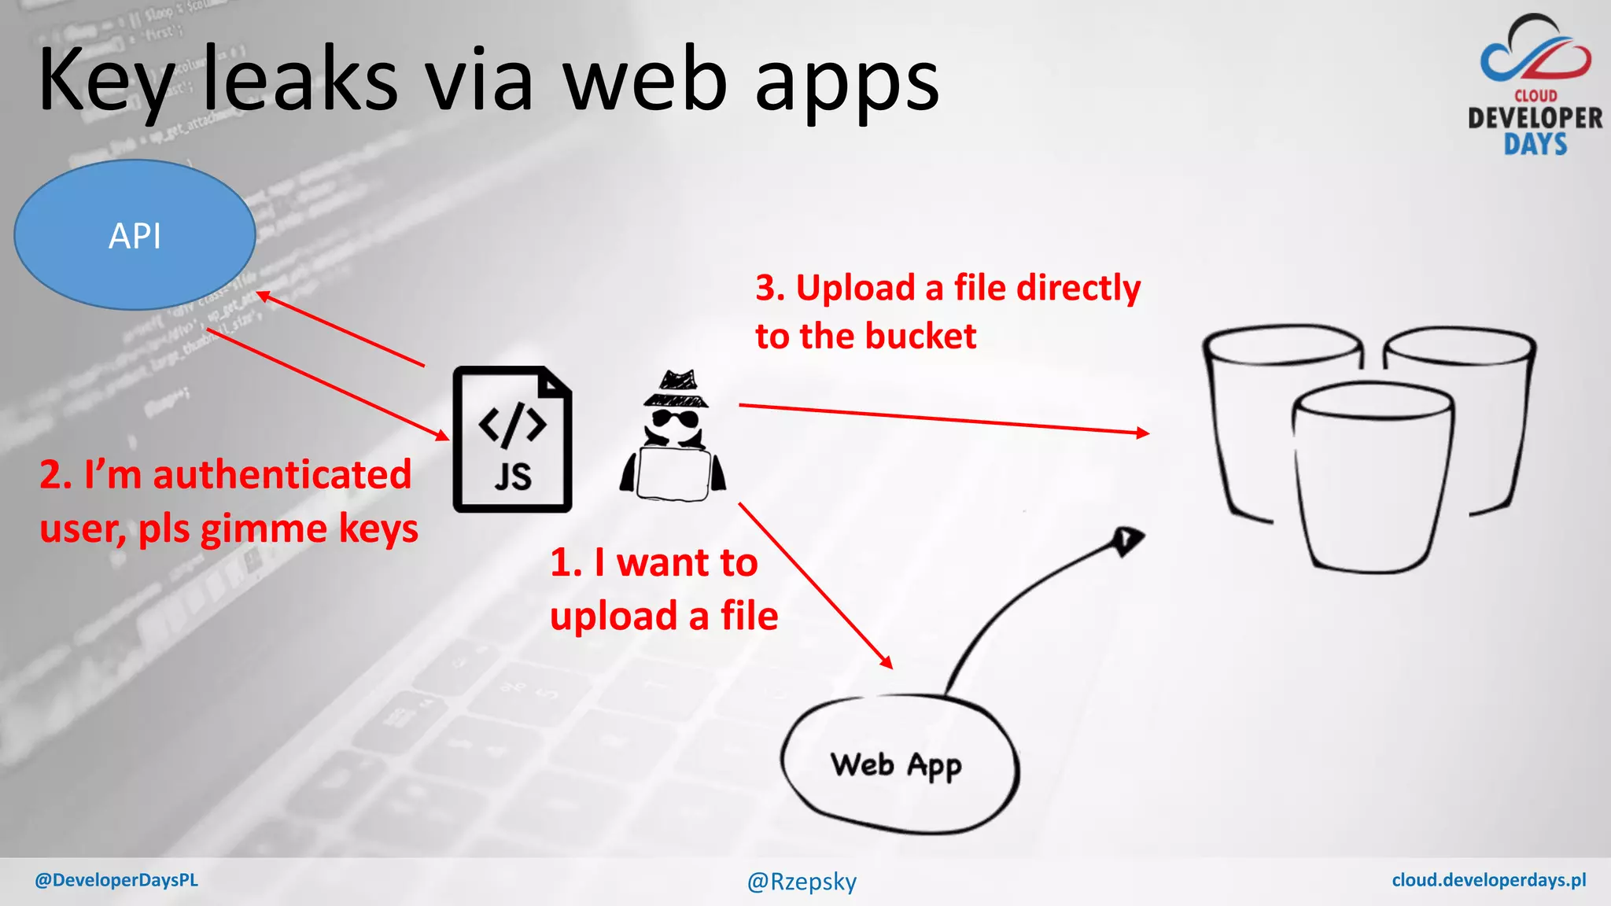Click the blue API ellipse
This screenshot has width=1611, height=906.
coord(135,234)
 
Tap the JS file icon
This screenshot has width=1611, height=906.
coord(512,440)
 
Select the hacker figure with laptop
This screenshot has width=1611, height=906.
coord(673,440)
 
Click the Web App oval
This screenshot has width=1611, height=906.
coord(899,764)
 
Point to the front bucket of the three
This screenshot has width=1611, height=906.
coord(1373,476)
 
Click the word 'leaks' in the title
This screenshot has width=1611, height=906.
coord(300,79)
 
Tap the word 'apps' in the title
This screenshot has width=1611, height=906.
coord(847,83)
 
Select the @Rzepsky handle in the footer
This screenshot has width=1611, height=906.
coord(802,882)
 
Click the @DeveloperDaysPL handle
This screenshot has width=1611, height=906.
coord(116,880)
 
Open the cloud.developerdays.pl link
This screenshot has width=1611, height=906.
coord(1488,880)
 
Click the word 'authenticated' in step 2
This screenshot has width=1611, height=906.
coord(282,475)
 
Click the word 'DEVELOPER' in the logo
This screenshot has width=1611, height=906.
coord(1535,119)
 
